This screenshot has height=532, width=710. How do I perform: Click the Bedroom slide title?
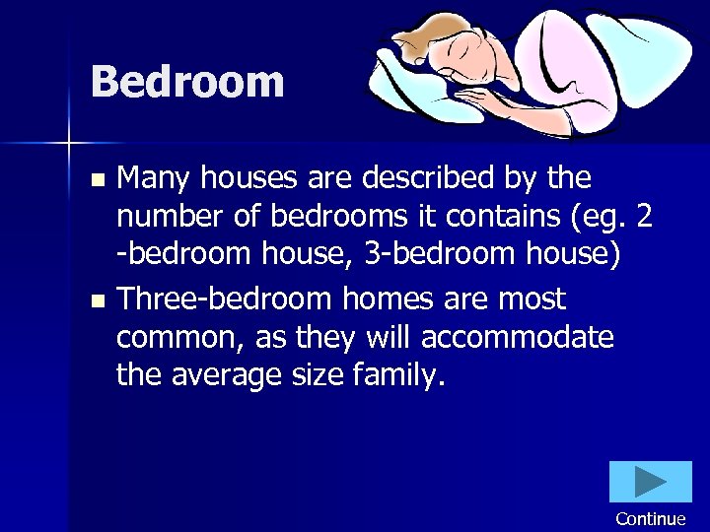click(187, 82)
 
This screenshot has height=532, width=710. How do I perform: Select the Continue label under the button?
click(650, 519)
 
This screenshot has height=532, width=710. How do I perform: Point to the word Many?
click(153, 178)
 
